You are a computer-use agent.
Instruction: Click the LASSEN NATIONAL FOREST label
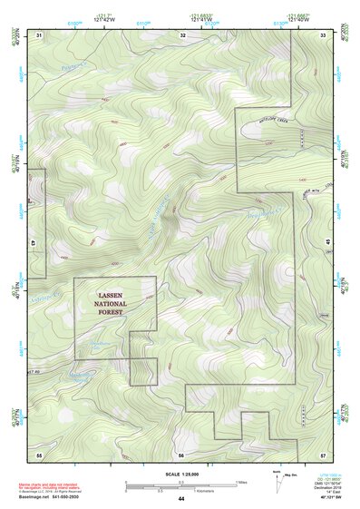click(x=114, y=304)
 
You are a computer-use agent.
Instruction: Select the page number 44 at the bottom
click(x=181, y=499)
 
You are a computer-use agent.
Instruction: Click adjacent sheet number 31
click(x=39, y=34)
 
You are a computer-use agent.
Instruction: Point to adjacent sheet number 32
click(x=183, y=34)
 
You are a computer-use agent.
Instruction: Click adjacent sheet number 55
click(x=39, y=453)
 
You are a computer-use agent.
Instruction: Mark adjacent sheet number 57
click(x=322, y=453)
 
